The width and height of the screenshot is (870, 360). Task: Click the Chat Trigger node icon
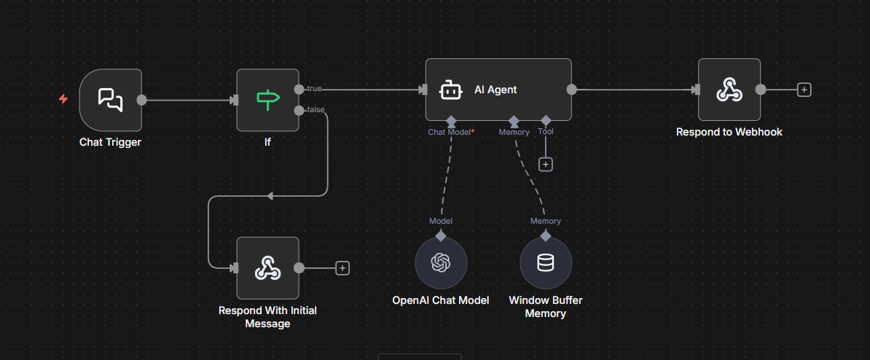(110, 100)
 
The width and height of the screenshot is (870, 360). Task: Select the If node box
(267, 100)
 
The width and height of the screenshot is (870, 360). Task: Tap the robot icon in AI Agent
(450, 90)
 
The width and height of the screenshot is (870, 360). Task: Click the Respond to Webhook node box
(729, 90)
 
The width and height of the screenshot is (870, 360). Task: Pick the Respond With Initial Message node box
(267, 267)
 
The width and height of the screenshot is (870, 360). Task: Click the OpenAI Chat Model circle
(441, 262)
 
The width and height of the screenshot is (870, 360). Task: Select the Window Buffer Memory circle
(545, 262)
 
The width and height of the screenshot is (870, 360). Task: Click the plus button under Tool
(545, 164)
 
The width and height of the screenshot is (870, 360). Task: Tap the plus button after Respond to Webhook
(804, 90)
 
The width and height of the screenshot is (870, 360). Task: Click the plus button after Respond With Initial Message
(342, 267)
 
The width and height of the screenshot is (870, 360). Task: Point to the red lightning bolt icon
(63, 99)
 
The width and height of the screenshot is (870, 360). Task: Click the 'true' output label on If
(314, 89)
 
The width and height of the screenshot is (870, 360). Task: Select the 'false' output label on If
(316, 110)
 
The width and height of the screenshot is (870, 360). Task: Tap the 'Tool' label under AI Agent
(545, 132)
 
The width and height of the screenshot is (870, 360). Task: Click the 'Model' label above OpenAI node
(441, 221)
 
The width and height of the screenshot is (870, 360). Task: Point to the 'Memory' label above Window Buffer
(545, 221)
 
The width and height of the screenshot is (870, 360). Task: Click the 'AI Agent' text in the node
(495, 90)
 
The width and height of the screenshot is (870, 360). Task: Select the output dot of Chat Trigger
(141, 100)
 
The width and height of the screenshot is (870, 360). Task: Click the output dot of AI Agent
(572, 90)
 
